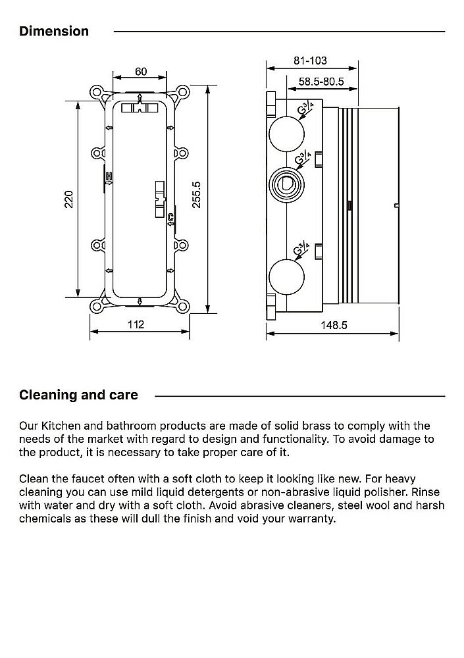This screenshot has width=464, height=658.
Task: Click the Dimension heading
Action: click(x=54, y=31)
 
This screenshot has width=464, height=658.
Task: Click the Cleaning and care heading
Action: click(x=78, y=395)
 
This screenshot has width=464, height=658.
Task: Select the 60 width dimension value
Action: click(x=141, y=71)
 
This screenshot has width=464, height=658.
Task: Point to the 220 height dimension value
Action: click(x=69, y=199)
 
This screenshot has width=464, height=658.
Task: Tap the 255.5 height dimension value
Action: click(x=196, y=195)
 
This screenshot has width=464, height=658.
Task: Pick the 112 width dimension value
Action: click(x=136, y=324)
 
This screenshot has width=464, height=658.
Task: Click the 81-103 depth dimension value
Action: click(x=310, y=61)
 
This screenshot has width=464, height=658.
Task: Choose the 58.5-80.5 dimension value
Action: click(x=322, y=82)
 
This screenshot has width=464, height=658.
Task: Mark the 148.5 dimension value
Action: click(x=334, y=324)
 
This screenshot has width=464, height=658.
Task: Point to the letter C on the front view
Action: click(x=170, y=217)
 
